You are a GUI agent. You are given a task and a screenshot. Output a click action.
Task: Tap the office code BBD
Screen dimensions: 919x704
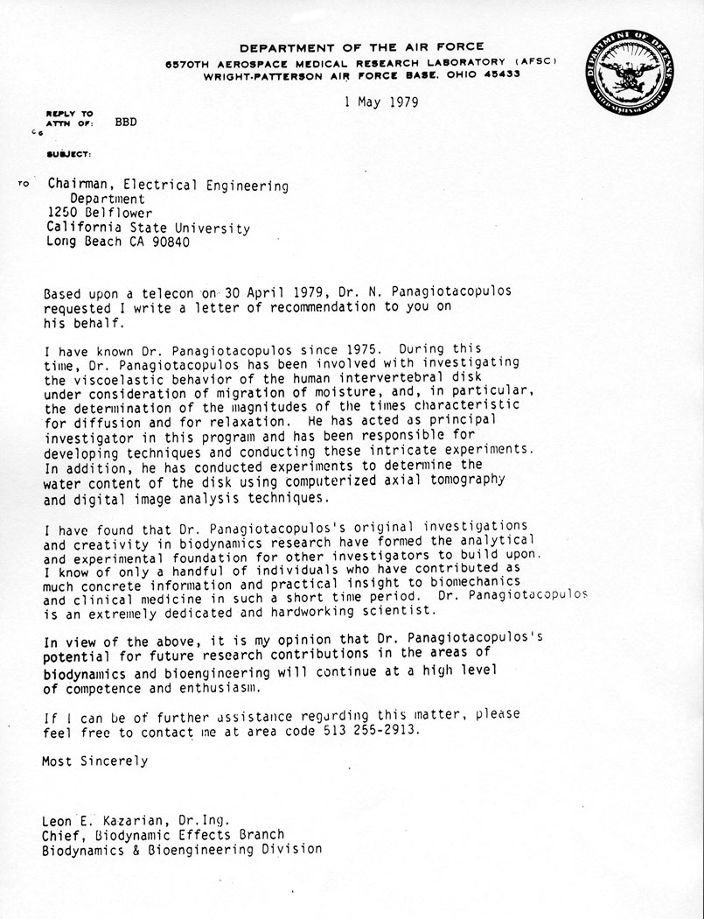126,123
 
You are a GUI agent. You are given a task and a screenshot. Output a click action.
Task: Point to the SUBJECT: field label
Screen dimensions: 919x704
69,154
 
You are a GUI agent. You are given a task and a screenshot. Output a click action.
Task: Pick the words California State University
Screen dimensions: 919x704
148,228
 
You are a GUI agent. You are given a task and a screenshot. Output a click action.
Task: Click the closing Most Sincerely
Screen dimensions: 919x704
94,761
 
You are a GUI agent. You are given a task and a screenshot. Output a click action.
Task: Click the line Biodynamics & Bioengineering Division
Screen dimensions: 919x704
181,849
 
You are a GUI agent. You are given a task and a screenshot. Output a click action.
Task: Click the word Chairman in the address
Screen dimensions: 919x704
80,186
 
